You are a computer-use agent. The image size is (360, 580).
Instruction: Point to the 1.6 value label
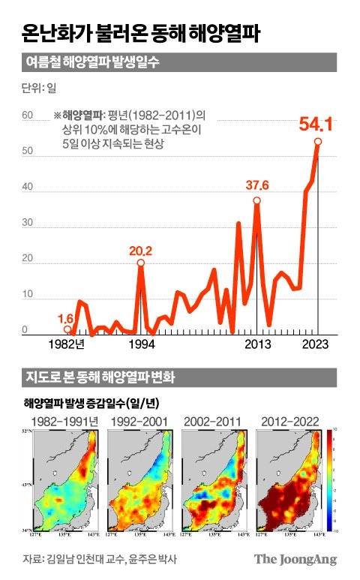66,318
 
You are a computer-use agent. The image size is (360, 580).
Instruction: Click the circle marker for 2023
318,141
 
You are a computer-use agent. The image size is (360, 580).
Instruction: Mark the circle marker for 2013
256,200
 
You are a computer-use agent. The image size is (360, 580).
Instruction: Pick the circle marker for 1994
140,263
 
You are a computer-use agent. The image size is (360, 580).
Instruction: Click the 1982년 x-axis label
67,345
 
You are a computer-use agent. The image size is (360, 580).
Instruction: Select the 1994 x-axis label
140,345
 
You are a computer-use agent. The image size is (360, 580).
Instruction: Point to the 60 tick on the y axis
27,116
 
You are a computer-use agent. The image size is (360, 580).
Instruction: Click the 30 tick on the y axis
27,224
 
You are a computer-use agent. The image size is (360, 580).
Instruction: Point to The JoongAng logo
295,559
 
